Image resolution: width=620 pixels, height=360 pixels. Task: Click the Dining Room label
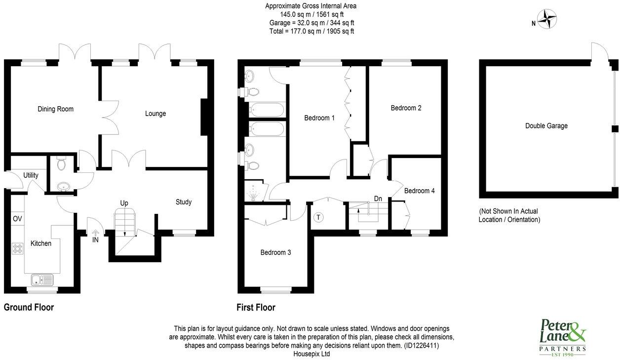coord(55,109)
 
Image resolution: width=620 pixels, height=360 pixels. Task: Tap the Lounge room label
coord(155,114)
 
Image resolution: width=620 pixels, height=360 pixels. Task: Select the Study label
coord(184,202)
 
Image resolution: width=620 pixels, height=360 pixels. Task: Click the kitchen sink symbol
coord(42,280)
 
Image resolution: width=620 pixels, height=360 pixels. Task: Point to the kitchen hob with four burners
coord(18,249)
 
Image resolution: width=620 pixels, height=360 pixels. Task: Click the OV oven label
coord(17,219)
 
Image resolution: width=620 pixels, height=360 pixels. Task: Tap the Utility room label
coord(31,175)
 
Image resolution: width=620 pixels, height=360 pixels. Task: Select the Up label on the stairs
coord(124,203)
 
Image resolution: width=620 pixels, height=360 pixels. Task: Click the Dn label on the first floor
coord(378,199)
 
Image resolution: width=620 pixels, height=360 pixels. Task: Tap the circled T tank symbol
coord(318,217)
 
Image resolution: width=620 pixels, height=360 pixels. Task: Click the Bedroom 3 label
coord(275,252)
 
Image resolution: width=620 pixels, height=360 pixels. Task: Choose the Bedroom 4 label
coord(419,191)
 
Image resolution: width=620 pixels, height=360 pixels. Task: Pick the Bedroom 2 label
coord(406,108)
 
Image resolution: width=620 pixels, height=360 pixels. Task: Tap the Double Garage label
coord(546,126)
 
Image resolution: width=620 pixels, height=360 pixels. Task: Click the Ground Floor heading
coord(29,307)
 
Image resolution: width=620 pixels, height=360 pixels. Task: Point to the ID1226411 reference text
coord(421,346)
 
